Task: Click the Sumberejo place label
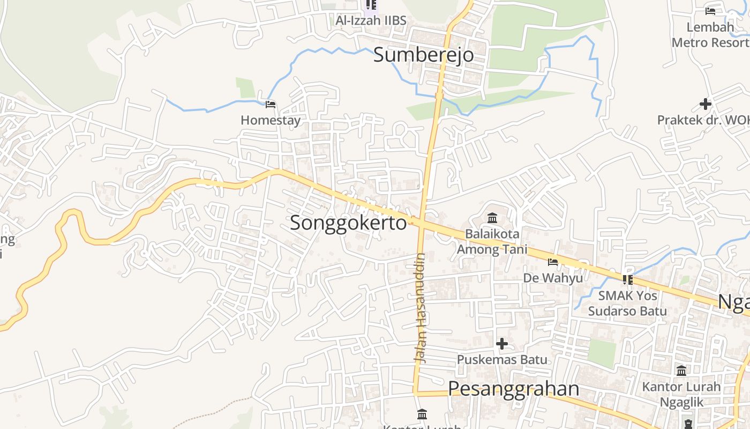tap(423, 55)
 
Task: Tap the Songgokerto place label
tap(348, 223)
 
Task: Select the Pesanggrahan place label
tap(513, 388)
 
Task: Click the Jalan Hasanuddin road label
tap(421, 308)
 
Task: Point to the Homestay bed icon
tap(271, 104)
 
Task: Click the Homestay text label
tap(271, 120)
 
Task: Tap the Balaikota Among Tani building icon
tap(492, 218)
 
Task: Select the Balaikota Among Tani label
tap(492, 241)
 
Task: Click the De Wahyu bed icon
tap(553, 262)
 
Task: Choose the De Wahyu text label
tap(553, 278)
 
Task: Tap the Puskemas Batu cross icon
tap(502, 343)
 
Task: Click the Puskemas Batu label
tap(502, 359)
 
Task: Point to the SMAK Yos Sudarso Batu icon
tap(627, 279)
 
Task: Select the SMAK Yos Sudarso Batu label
tap(627, 303)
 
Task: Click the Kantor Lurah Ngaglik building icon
tap(681, 371)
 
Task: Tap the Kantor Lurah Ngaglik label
tap(681, 394)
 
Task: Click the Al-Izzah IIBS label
tap(371, 20)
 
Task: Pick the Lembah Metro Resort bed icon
tap(710, 11)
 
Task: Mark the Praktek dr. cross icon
tap(706, 103)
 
